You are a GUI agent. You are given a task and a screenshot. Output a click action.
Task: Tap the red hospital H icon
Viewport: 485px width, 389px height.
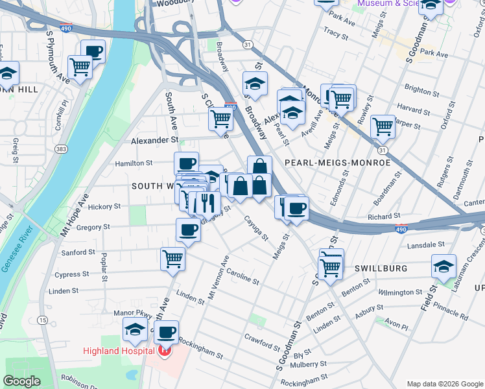(x=165, y=352)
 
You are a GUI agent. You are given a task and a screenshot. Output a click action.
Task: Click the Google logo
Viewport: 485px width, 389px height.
(x=23, y=381)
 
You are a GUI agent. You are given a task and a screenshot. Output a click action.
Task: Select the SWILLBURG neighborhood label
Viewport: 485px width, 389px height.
(x=380, y=268)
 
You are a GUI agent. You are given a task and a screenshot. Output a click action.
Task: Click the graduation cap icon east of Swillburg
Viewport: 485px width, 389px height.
(x=444, y=266)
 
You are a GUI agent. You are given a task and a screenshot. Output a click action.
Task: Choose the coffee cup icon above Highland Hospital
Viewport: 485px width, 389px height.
(x=167, y=331)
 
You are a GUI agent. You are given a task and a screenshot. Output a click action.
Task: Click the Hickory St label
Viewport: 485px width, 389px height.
(x=104, y=207)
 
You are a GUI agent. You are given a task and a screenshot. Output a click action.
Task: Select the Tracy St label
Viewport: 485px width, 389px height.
(x=336, y=31)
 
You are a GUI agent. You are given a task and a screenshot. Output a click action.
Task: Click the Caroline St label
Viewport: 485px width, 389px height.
(x=242, y=277)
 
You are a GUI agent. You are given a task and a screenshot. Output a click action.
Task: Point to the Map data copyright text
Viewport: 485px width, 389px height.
(x=444, y=383)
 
